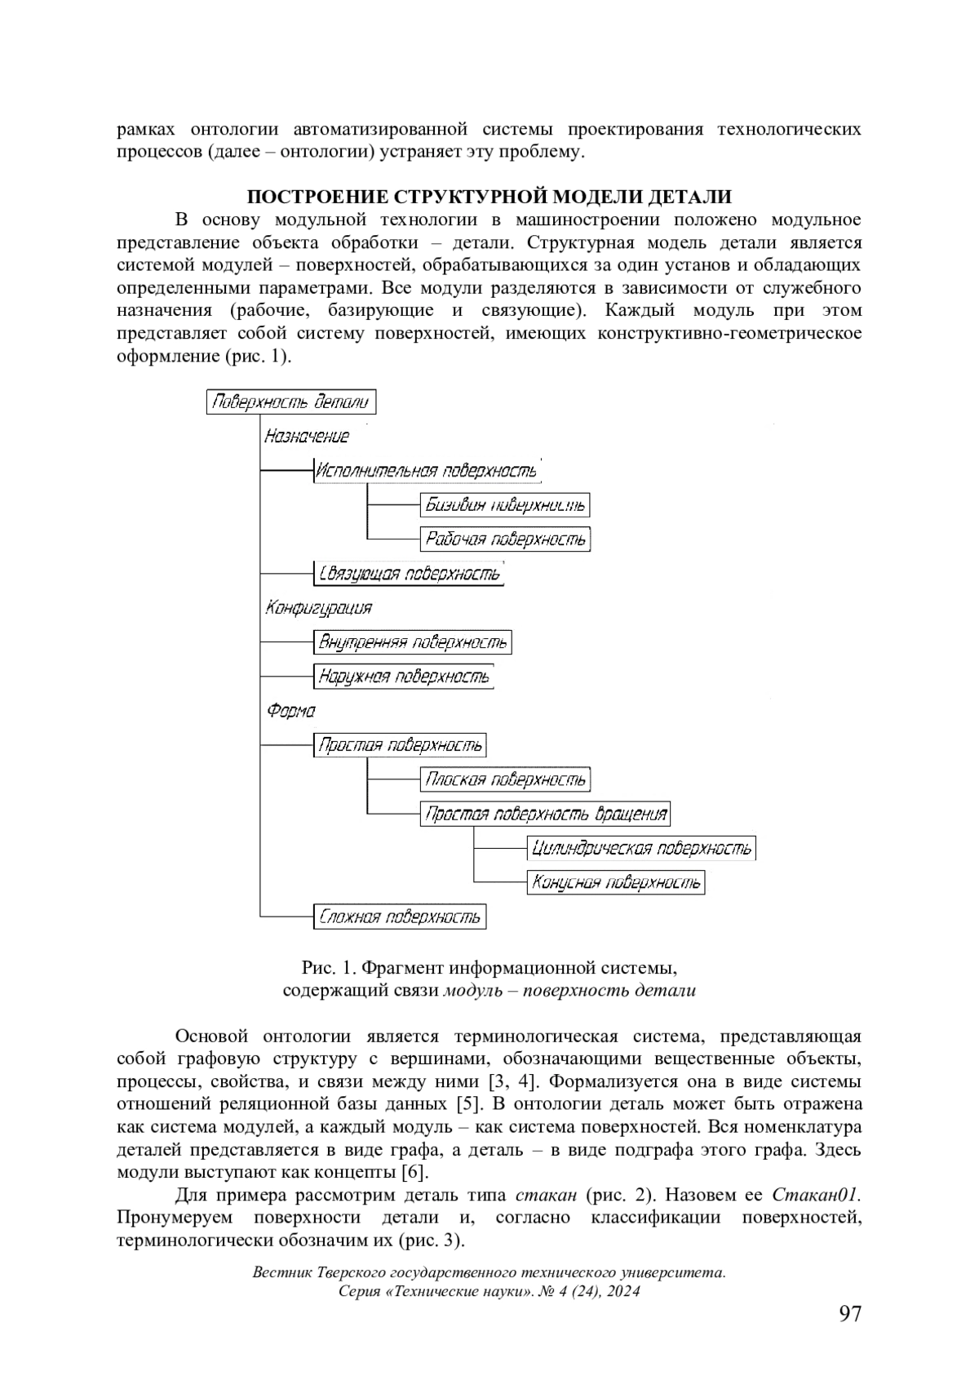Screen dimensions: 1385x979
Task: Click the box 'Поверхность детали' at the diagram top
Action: click(291, 402)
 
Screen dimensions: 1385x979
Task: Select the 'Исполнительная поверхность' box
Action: click(427, 471)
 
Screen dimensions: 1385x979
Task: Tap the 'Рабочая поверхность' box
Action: click(505, 539)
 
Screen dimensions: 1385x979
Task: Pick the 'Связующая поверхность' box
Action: click(409, 574)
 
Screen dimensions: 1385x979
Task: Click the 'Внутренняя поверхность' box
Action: click(413, 642)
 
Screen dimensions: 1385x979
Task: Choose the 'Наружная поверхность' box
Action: click(404, 677)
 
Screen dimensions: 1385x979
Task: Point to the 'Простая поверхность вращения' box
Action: click(546, 814)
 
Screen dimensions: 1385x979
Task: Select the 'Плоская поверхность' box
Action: click(505, 779)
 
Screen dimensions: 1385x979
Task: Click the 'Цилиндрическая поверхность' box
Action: click(641, 848)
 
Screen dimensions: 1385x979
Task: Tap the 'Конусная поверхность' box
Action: click(616, 882)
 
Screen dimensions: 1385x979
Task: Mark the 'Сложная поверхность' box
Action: click(400, 917)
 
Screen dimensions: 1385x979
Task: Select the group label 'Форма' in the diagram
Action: click(290, 711)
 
